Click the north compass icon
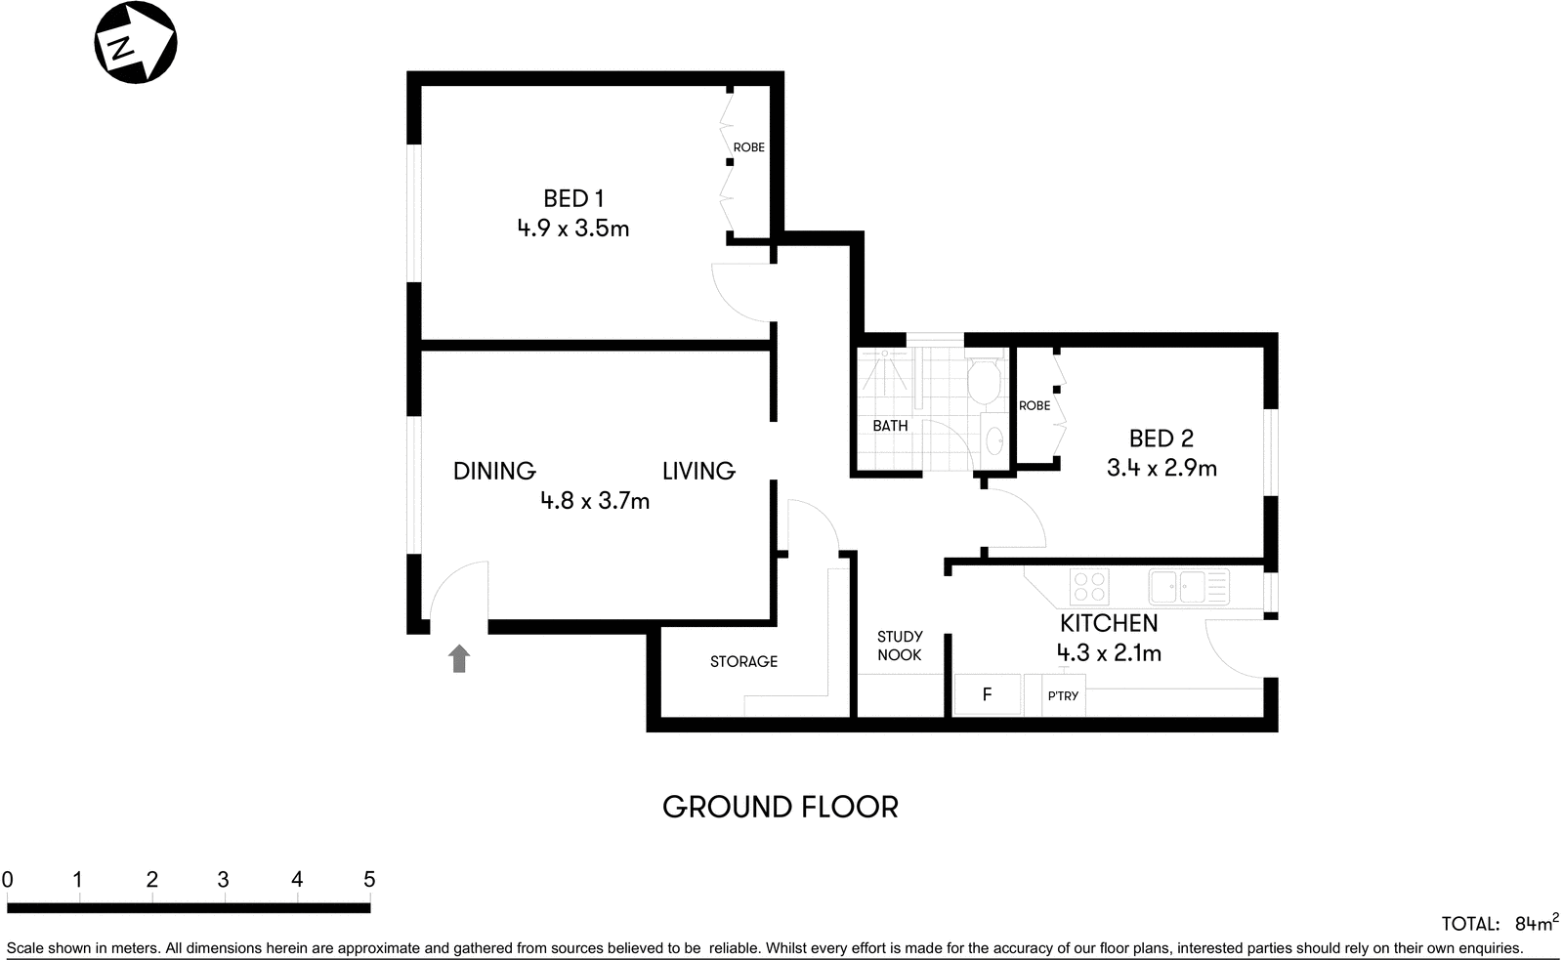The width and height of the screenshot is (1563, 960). coord(135,44)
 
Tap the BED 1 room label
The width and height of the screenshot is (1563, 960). coord(572,198)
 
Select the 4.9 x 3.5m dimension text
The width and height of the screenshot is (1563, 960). coord(572,229)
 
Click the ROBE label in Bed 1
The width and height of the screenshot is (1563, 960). coord(748,147)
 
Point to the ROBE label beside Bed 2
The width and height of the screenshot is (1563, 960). coord(1035,405)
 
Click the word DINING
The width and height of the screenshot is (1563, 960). coord(494,472)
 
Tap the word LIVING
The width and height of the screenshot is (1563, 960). coord(698,472)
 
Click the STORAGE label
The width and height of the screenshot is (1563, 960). coord(743,662)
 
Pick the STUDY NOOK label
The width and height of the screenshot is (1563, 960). coord(899,646)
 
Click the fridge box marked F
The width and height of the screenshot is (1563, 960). coord(988,694)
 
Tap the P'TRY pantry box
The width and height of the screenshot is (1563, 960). coord(1063,695)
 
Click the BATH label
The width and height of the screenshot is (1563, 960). coord(890,426)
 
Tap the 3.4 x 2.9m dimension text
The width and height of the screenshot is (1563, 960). coord(1162,469)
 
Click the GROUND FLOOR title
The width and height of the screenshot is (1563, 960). coord(780,808)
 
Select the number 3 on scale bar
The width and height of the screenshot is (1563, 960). coord(224,880)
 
